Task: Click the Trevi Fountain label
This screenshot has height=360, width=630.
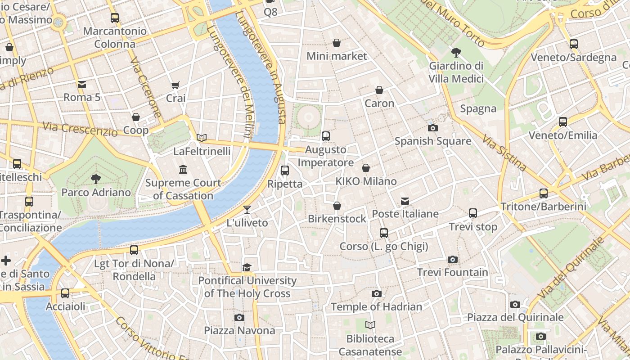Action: (452, 272)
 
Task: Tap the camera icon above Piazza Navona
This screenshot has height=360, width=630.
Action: (239, 317)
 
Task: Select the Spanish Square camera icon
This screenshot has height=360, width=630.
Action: (433, 128)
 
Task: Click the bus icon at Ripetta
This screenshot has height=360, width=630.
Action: (284, 171)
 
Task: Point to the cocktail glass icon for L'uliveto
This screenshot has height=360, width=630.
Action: (247, 209)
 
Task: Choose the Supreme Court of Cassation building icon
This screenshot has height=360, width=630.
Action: (183, 170)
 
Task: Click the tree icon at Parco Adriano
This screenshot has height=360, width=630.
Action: (95, 179)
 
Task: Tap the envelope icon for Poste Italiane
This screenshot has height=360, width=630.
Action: (405, 201)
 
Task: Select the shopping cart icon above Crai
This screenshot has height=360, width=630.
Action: (175, 85)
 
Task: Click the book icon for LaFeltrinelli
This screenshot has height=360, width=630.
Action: (202, 138)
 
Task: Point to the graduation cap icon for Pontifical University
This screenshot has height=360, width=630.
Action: (247, 268)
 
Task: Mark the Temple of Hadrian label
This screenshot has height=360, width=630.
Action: (376, 307)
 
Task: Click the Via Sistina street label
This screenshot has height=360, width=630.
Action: (504, 153)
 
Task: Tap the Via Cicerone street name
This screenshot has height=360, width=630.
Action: (146, 88)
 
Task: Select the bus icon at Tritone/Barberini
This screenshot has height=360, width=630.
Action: (544, 193)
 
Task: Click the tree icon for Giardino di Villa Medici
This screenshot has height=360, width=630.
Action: (456, 53)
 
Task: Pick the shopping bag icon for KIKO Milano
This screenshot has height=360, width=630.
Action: (366, 168)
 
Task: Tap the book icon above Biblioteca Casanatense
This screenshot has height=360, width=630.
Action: (370, 325)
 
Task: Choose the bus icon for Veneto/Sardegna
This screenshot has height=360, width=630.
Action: (573, 44)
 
